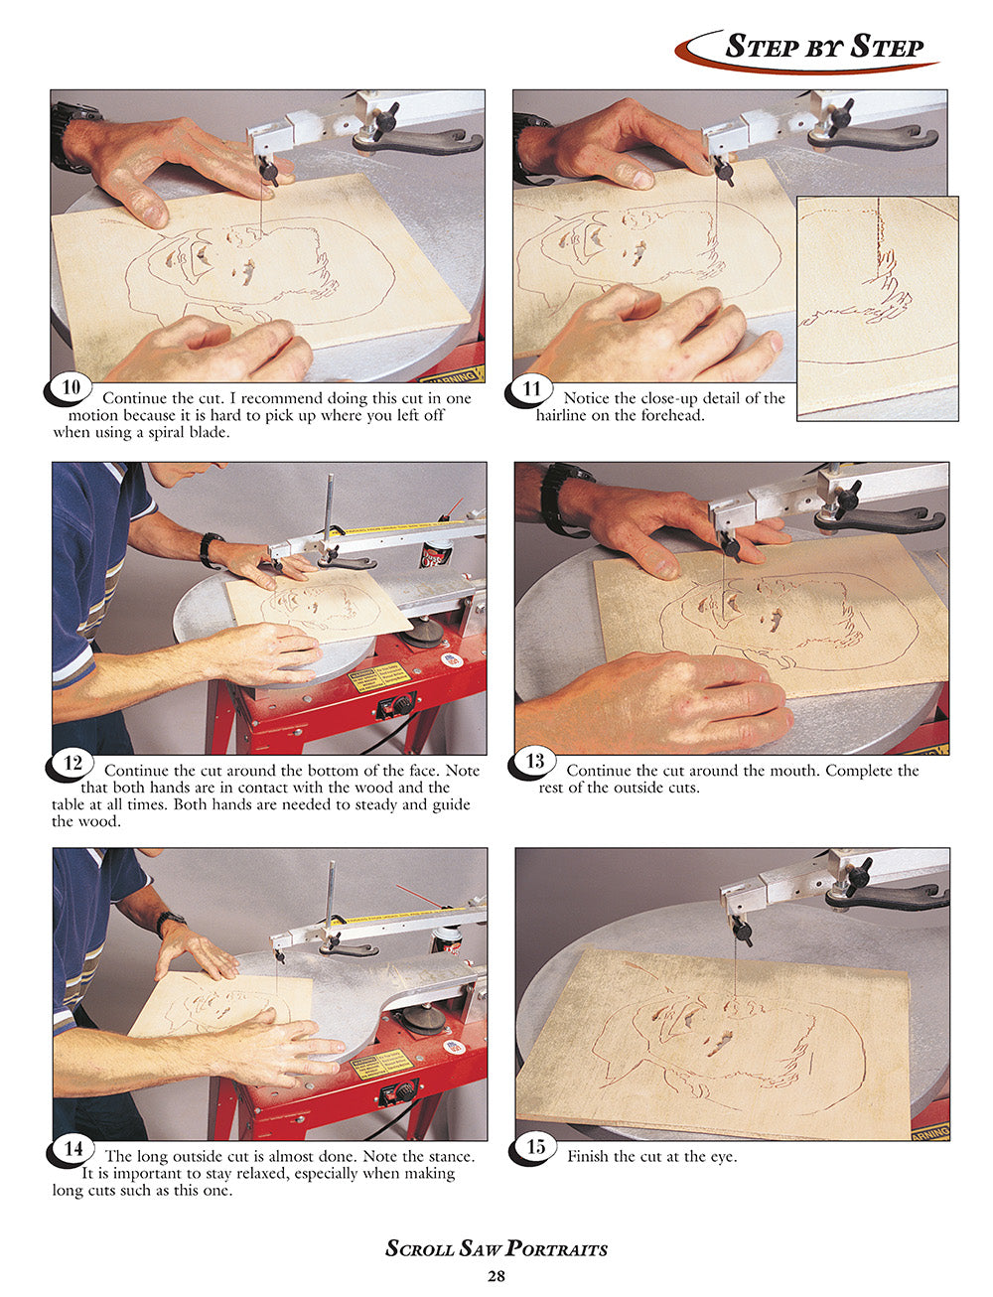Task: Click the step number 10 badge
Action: tap(70, 387)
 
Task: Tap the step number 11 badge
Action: tap(531, 389)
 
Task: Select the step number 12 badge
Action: tap(71, 763)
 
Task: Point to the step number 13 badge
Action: tap(534, 762)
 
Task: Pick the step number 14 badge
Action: tap(72, 1148)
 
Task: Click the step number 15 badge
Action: tap(535, 1147)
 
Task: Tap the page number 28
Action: tap(496, 1276)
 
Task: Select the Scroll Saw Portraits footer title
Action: tap(496, 1249)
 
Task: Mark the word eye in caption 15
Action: tap(720, 1156)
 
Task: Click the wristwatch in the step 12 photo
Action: tap(211, 549)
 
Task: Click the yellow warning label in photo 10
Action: tap(452, 375)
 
